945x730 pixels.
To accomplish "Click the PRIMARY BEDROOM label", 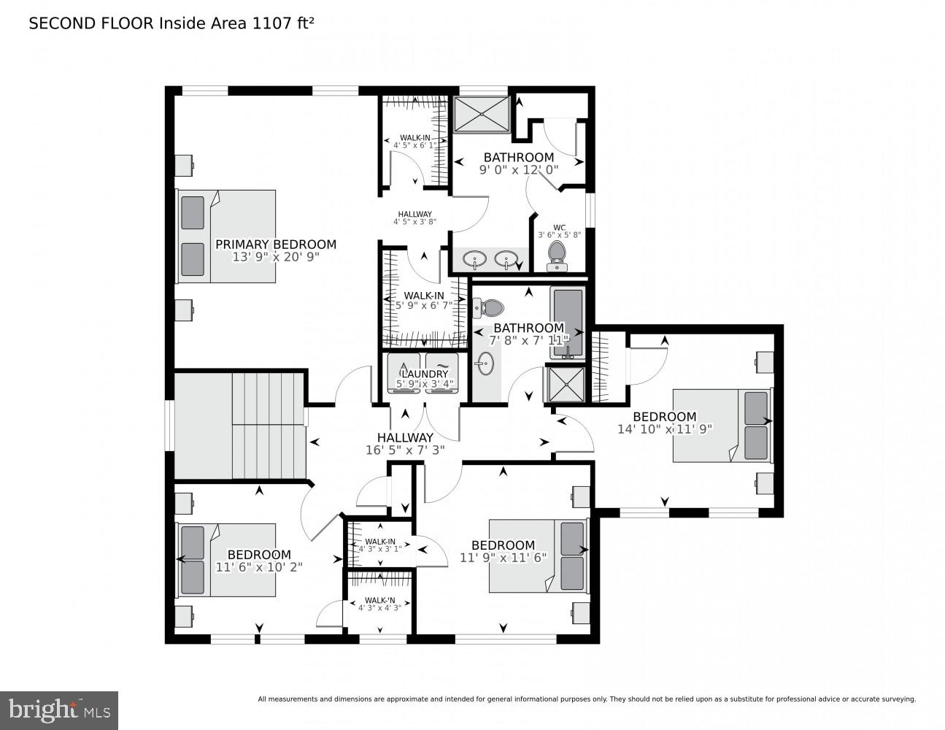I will click(275, 245).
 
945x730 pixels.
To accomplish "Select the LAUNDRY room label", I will click(423, 374).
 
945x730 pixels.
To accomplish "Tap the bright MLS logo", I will click(58, 710).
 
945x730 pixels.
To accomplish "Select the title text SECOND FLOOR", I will click(91, 23).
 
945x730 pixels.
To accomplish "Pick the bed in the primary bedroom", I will click(227, 236).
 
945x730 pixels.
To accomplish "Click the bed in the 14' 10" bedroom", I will click(721, 425).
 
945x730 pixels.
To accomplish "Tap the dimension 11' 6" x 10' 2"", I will click(258, 566).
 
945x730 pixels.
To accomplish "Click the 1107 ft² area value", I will click(283, 23).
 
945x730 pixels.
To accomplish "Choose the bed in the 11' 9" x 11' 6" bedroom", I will click(538, 556).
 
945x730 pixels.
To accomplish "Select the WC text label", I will click(559, 227).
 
